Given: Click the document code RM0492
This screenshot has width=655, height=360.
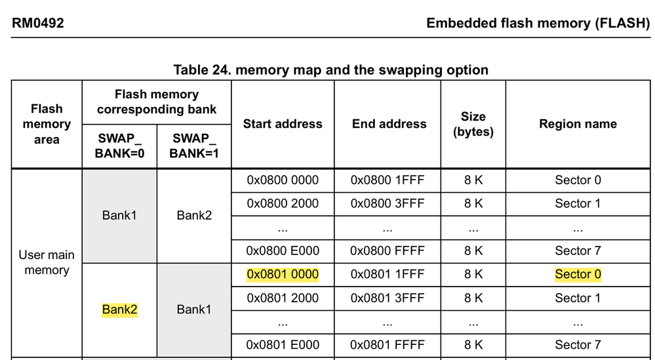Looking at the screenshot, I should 38,24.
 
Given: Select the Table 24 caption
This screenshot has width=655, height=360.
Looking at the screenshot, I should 330,70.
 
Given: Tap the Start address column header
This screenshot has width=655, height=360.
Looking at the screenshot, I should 283,124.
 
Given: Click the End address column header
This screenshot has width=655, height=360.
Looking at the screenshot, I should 389,124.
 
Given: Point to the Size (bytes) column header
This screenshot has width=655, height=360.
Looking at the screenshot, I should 473,124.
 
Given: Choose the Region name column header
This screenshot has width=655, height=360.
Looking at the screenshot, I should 578,124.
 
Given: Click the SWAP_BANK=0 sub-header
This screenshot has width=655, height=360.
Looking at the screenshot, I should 119,146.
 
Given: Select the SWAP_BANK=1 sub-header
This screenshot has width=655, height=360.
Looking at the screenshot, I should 194,146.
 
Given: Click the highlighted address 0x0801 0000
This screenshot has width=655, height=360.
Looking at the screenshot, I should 283,275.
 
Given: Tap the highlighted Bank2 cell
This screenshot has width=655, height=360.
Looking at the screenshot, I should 119,310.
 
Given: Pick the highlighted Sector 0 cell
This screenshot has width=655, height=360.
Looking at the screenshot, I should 578,275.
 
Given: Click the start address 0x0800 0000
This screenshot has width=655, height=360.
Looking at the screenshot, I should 283,180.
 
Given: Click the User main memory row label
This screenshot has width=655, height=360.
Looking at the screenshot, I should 47,262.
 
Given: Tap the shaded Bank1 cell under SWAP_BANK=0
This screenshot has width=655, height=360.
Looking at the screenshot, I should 119,215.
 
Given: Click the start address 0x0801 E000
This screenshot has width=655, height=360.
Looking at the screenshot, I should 283,345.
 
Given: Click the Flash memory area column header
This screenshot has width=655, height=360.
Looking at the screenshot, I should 47,124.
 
